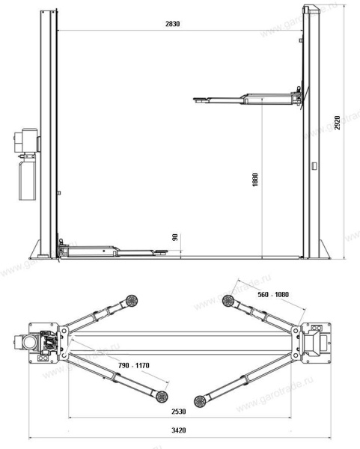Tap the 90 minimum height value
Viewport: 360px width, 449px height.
(175, 238)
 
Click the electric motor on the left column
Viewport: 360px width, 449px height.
(26, 141)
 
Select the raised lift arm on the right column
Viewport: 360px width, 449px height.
(247, 98)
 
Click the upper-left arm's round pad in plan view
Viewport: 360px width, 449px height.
(132, 301)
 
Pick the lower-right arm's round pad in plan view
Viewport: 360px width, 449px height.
(200, 400)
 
